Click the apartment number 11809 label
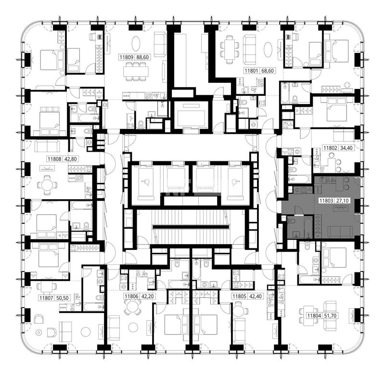coord(127,57)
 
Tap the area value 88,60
coord(142,57)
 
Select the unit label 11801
coord(252,71)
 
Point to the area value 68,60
coord(268,71)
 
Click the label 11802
coord(330,148)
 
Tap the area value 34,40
coord(346,148)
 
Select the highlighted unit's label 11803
coord(326,201)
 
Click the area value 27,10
coord(342,201)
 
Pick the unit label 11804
coord(314,316)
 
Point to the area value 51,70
coord(330,316)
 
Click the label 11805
coord(239,297)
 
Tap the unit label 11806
coord(131,297)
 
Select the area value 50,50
coord(63,298)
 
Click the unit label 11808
coord(54,159)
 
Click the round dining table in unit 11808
coord(47,185)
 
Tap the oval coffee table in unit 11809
coord(136,44)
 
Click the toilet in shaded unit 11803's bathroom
coord(292,222)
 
